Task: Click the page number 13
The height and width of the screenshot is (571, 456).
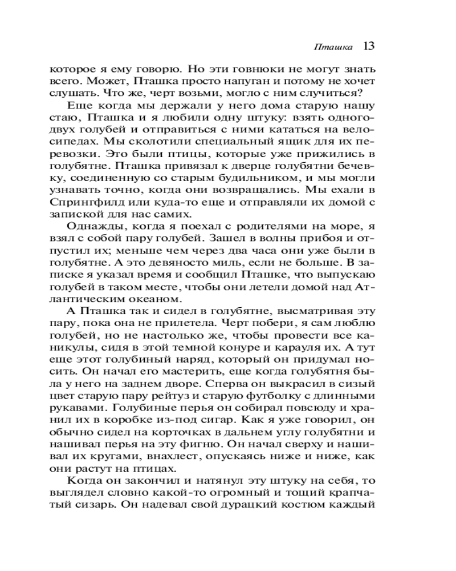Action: click(368, 46)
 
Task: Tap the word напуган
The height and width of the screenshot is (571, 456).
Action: click(226, 80)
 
